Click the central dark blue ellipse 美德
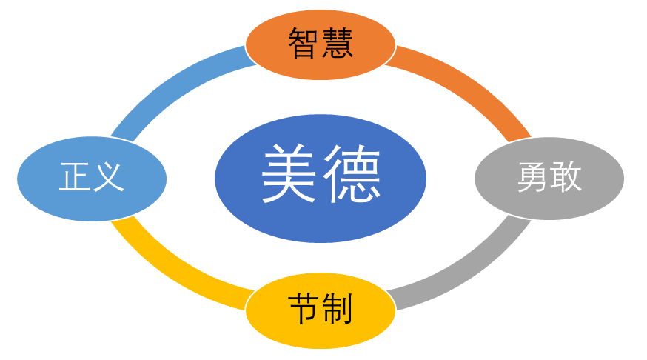321,215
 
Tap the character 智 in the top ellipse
304,44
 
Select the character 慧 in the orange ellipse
337,44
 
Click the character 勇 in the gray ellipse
533,179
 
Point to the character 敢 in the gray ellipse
566,179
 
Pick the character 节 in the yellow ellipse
304,308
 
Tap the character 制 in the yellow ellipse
337,308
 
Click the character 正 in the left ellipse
75,179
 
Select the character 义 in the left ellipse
108,179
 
